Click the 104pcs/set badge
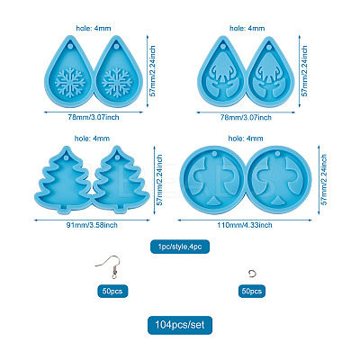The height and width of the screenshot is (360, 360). (x=180, y=325)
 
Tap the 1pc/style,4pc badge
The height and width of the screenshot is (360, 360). (x=180, y=247)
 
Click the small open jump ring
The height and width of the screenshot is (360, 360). (x=252, y=273)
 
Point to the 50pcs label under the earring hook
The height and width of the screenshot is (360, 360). (x=112, y=291)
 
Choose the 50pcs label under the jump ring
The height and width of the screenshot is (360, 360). (x=252, y=291)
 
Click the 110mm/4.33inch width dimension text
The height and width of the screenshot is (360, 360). (x=245, y=225)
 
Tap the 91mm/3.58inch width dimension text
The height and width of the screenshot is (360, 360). (x=92, y=225)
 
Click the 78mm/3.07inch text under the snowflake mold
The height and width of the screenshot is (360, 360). (x=94, y=117)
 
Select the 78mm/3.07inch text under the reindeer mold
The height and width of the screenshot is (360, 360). (x=246, y=118)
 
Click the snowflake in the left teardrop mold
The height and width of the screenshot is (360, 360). (x=70, y=83)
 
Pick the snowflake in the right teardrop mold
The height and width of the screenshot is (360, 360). (x=117, y=83)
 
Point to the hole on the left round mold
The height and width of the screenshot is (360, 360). (x=214, y=154)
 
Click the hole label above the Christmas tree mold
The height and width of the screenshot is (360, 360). (x=92, y=139)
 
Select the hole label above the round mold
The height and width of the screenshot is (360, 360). (x=246, y=139)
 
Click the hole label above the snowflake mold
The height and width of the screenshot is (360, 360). (x=94, y=28)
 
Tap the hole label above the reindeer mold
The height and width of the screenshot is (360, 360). (x=247, y=28)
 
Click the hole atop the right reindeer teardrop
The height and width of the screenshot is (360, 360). (x=269, y=47)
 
